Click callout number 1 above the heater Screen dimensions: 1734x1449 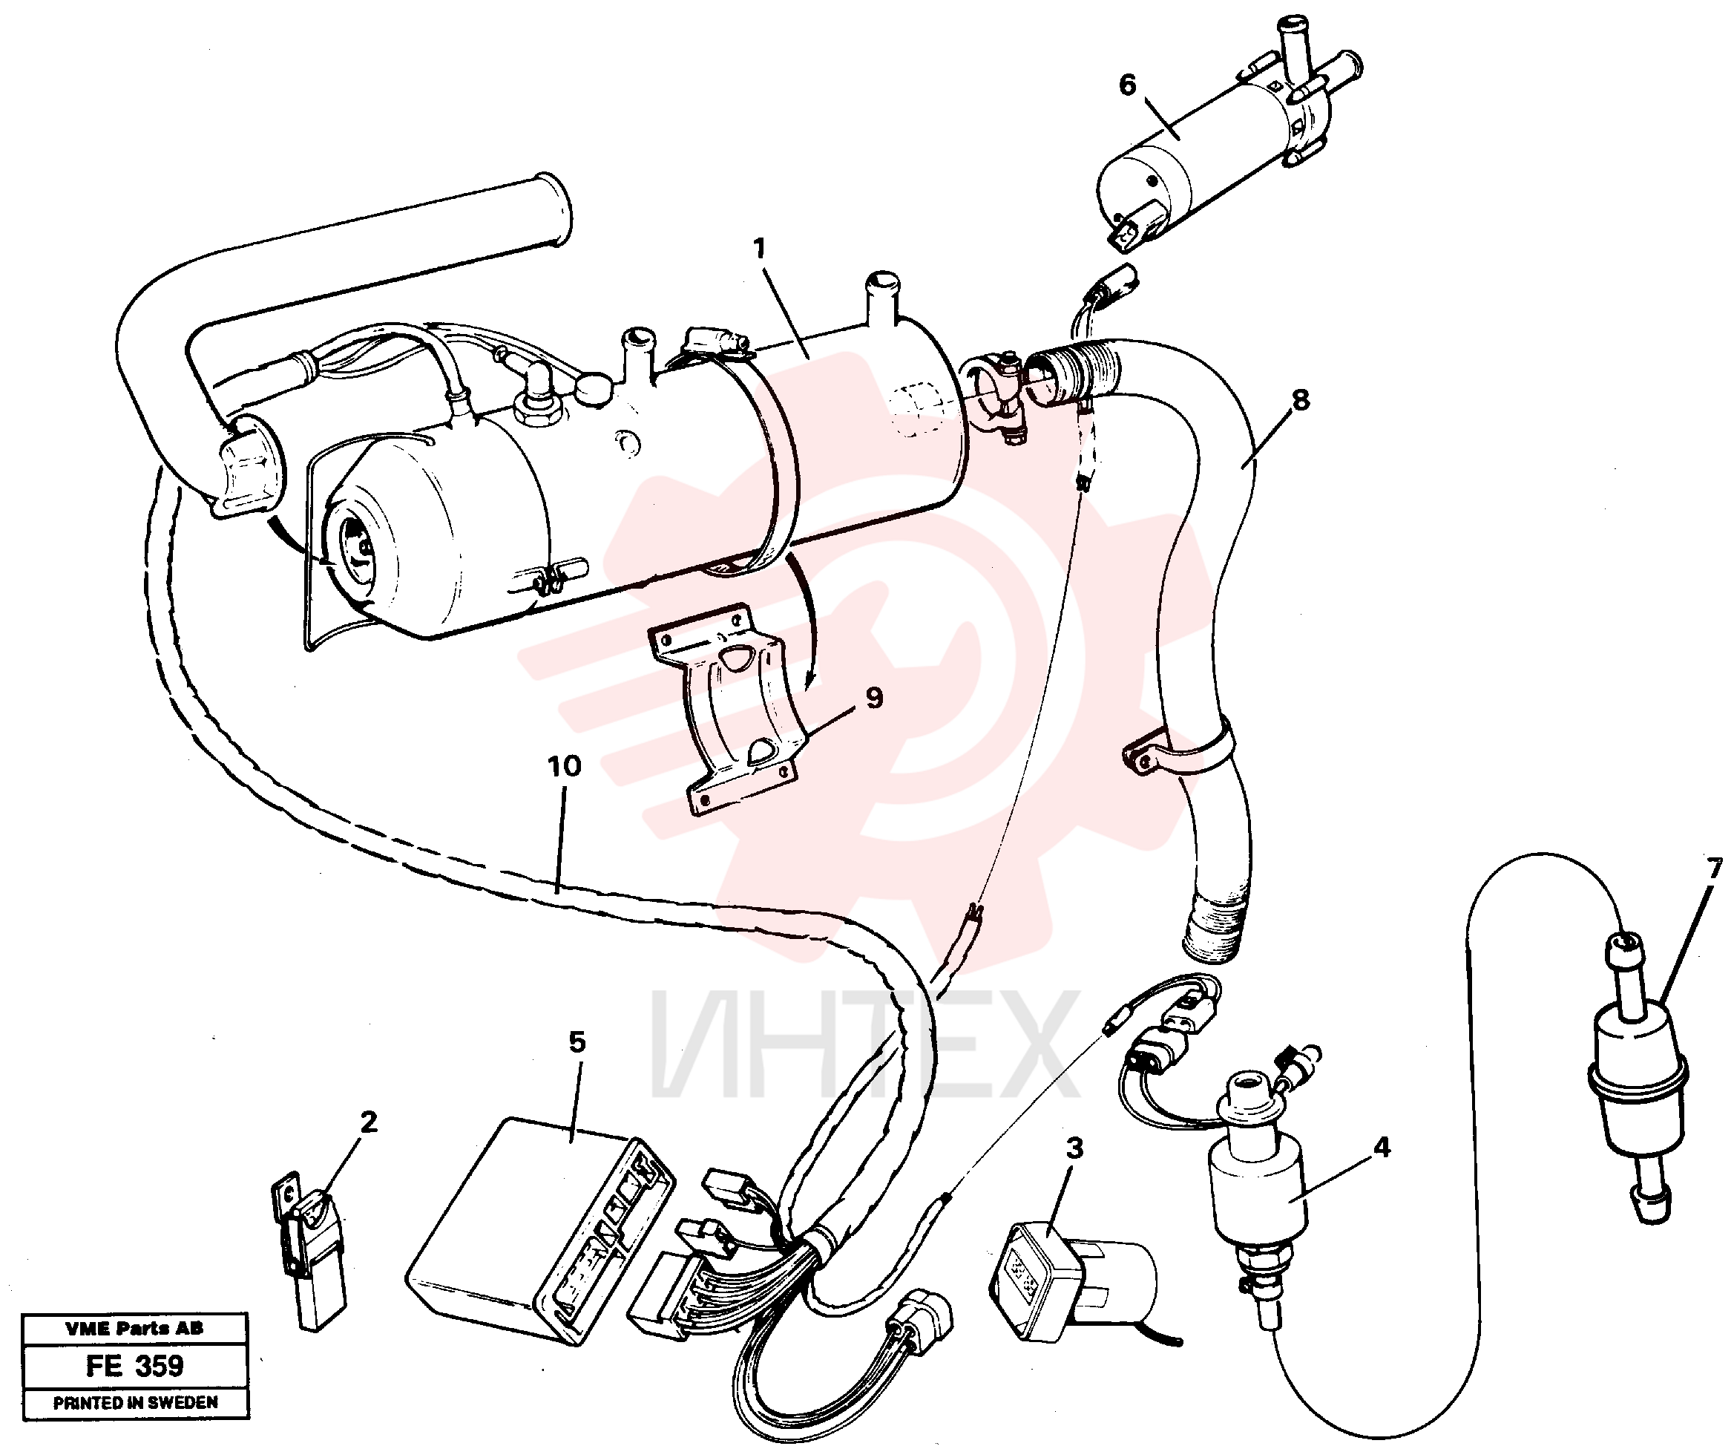[759, 248]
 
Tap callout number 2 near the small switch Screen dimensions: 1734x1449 [368, 1121]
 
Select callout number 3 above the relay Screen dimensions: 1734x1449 [1074, 1148]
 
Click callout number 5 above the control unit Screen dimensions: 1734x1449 [577, 1041]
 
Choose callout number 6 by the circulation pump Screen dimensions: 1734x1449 [1127, 85]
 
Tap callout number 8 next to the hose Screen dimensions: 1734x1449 [1301, 400]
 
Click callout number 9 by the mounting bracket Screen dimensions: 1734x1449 [875, 697]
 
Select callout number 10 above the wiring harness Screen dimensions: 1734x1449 [565, 766]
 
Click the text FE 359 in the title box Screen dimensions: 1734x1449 [134, 1366]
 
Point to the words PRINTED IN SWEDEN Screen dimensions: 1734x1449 [136, 1402]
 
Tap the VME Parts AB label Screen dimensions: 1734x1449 [134, 1329]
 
